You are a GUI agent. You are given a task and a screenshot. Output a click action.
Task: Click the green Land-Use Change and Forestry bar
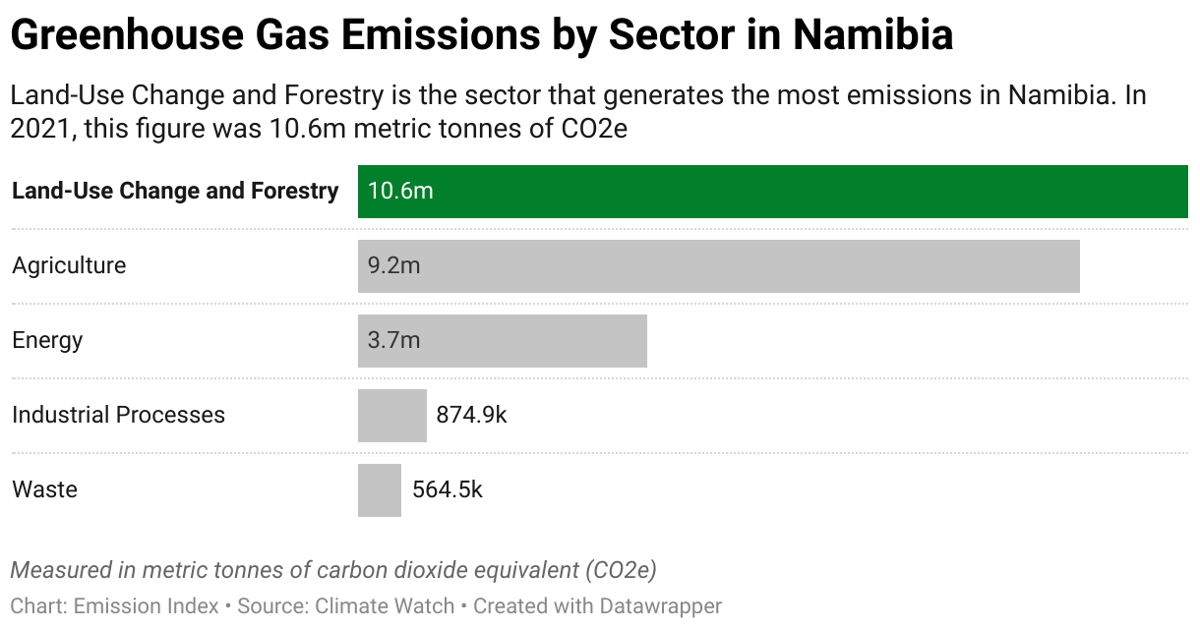[772, 191]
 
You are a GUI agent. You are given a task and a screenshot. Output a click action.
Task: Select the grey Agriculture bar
[718, 266]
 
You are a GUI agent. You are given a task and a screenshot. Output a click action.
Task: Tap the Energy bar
[502, 341]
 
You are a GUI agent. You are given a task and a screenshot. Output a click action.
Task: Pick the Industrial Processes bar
[391, 416]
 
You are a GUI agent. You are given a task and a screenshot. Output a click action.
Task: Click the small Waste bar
[379, 490]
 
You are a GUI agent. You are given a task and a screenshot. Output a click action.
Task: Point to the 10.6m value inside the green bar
[400, 191]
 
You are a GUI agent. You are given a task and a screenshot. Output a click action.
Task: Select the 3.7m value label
[393, 341]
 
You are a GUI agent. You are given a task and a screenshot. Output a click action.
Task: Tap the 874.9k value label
[471, 416]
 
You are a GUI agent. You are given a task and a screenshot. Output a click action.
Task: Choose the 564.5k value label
[448, 490]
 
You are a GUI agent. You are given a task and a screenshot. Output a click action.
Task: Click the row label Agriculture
[69, 266]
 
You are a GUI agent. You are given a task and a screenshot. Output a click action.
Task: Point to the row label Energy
[47, 341]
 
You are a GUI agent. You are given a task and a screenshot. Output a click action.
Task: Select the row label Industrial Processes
[118, 416]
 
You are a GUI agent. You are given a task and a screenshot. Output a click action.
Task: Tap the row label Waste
[44, 490]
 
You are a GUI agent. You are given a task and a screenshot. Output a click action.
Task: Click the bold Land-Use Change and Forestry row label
[175, 191]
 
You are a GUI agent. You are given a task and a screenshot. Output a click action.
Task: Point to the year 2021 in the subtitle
[41, 130]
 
